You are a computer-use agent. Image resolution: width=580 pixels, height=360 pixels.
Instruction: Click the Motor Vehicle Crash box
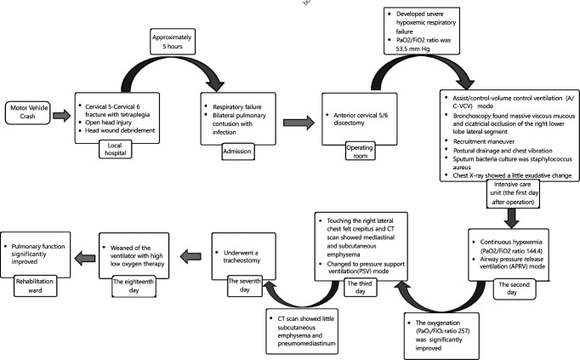[28, 112]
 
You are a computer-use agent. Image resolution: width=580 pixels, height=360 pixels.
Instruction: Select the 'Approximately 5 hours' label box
[173, 42]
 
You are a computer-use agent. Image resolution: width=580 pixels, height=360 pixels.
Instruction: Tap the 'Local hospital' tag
[115, 149]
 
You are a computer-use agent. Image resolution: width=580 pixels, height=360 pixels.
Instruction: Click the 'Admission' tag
[238, 151]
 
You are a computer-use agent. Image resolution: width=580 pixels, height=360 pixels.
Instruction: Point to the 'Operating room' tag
[360, 151]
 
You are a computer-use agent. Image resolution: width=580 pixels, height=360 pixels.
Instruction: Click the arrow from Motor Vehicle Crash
[61, 116]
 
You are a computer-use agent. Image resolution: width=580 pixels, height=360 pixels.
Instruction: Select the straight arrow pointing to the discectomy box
[299, 122]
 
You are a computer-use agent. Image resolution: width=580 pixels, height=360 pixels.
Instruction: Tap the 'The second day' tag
[515, 289]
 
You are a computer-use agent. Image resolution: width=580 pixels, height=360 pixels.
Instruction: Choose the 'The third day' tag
[360, 288]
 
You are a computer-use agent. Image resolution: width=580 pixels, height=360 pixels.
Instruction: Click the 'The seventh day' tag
[245, 285]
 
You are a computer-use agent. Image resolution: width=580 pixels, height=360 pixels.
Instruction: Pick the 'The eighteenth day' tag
[134, 286]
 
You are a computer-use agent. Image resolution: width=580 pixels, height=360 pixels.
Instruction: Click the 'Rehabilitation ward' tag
[35, 286]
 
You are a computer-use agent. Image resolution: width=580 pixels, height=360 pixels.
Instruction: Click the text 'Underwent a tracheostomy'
[242, 256]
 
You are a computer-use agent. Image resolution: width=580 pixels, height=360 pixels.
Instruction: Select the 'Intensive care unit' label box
[512, 193]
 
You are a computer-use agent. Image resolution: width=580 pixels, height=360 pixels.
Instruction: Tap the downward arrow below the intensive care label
[512, 218]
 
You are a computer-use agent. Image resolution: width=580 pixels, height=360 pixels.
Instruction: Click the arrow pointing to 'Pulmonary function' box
[85, 258]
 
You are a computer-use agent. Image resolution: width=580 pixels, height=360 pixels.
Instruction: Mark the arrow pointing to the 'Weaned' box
[190, 256]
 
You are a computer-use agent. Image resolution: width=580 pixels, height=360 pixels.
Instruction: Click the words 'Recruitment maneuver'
[484, 141]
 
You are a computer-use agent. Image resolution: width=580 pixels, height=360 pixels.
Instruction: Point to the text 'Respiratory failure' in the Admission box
[237, 107]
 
